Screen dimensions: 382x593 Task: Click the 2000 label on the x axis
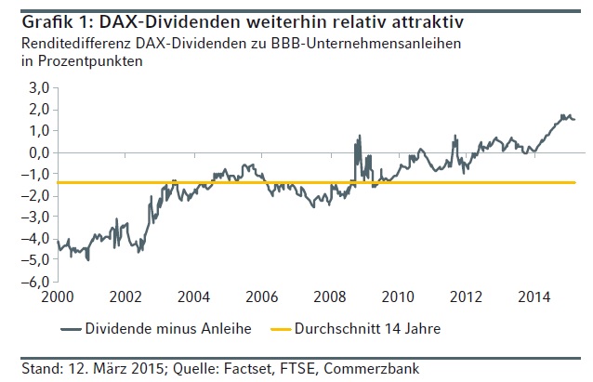(x=56, y=297)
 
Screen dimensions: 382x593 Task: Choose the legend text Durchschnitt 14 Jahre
(x=360, y=328)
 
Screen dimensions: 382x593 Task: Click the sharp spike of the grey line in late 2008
(x=359, y=136)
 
